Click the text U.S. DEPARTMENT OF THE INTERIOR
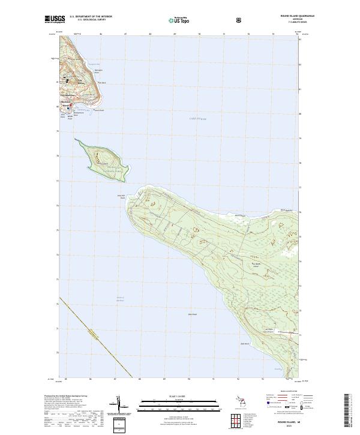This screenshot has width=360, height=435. (x=91, y=17)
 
